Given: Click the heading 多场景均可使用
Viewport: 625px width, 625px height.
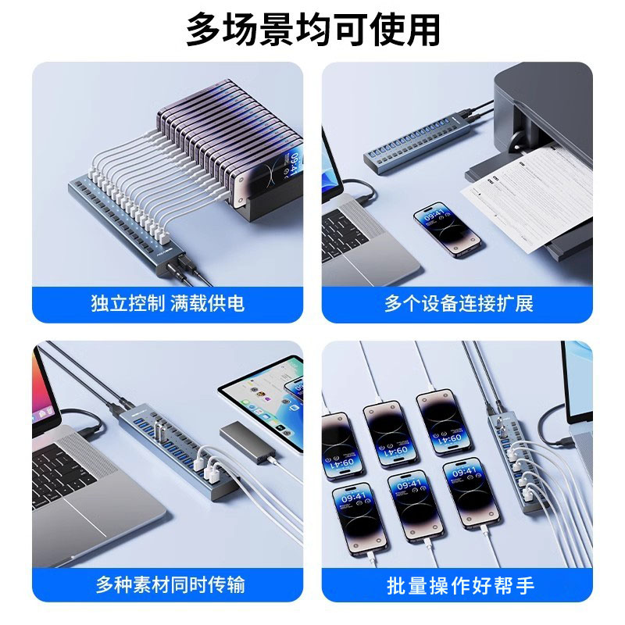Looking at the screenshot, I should click(312, 30).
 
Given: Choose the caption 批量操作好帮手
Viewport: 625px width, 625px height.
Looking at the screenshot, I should click(458, 584).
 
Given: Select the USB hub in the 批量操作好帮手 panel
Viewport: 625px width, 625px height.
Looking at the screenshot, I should click(509, 453).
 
